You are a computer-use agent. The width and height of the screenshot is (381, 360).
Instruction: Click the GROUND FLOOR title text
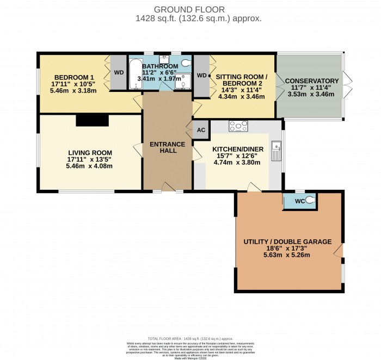(190, 9)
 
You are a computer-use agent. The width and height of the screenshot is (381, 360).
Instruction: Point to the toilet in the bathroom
(187, 63)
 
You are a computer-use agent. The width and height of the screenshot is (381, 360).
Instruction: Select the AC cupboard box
(201, 130)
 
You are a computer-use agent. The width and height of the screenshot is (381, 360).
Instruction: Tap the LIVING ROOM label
(90, 152)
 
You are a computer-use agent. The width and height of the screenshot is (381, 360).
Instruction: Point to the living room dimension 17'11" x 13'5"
(90, 159)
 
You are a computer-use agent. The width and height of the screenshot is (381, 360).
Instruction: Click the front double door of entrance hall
(168, 188)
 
